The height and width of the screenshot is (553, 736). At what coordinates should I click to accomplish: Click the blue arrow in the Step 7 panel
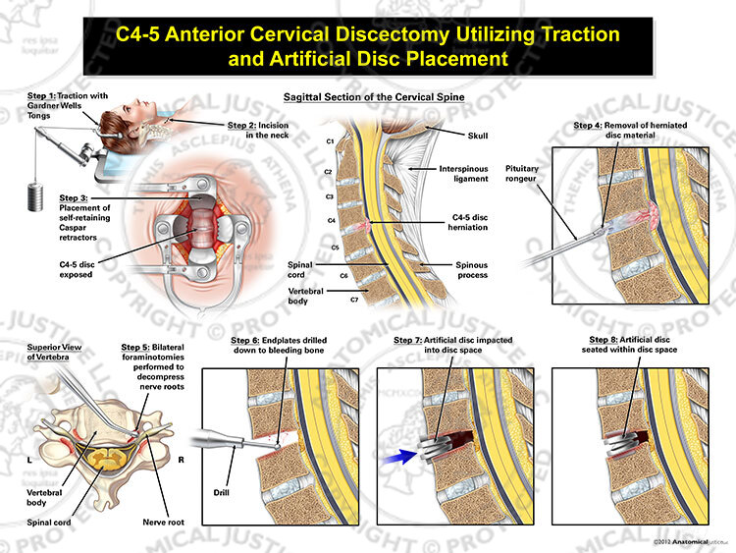(399, 457)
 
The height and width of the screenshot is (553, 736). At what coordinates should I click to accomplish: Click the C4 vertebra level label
(332, 220)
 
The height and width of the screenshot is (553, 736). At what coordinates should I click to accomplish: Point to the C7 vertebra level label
(354, 300)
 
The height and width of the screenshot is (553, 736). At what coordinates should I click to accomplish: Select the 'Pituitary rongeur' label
(521, 174)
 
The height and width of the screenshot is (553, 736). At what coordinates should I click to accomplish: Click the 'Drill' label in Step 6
(221, 492)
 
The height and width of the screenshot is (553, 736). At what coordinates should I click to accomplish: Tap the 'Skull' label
(478, 136)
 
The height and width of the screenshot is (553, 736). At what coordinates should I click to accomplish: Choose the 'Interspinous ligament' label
(463, 174)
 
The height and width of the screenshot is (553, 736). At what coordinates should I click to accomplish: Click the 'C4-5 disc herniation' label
(468, 222)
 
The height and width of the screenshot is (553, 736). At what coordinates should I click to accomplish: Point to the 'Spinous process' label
(472, 270)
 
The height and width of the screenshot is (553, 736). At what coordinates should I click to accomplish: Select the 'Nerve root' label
(163, 522)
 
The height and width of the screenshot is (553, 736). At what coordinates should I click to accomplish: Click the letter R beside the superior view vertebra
(182, 460)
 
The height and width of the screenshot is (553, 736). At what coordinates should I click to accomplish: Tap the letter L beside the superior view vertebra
(29, 460)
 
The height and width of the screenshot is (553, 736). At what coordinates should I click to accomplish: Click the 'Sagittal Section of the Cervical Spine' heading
(374, 97)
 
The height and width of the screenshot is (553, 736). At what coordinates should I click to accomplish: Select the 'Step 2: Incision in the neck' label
(258, 130)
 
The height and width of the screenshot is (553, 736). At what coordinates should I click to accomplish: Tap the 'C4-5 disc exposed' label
(77, 270)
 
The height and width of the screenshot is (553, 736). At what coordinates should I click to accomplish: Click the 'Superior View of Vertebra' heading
(54, 352)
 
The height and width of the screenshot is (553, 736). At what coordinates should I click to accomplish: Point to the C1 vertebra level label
(330, 141)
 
